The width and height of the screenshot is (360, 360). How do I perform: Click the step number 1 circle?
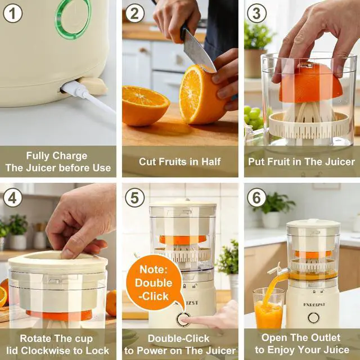point(12,13)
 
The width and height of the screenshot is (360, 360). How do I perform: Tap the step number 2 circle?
point(134,13)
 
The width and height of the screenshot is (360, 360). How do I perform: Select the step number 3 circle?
point(256,13)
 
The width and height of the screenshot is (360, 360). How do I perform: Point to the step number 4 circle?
point(12,197)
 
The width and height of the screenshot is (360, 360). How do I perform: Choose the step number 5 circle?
point(135,197)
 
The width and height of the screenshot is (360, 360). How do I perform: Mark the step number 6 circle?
point(256,197)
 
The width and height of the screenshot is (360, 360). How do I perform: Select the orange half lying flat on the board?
point(146,105)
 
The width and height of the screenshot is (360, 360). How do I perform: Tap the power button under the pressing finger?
point(183,319)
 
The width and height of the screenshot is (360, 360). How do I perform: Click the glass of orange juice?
point(268,309)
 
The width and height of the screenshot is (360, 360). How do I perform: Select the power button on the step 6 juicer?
point(314,318)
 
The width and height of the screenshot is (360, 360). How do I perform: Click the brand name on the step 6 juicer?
point(314,304)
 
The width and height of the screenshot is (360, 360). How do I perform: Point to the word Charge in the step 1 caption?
point(70,156)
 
